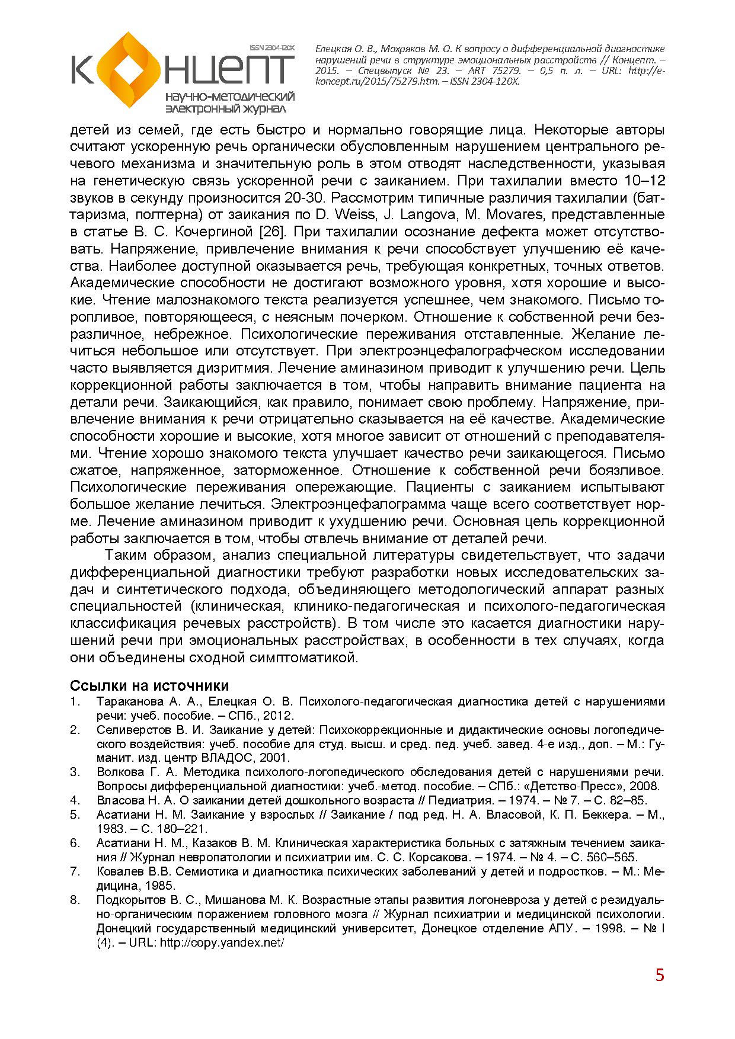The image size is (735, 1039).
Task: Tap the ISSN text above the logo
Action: (x=272, y=47)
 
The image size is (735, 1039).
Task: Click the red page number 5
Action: (x=660, y=975)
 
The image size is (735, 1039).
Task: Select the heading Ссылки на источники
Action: (x=149, y=685)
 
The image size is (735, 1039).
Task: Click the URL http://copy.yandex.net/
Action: (x=220, y=942)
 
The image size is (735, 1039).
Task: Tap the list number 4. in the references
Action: (x=75, y=800)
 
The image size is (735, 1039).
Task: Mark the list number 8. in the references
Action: (x=75, y=900)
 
